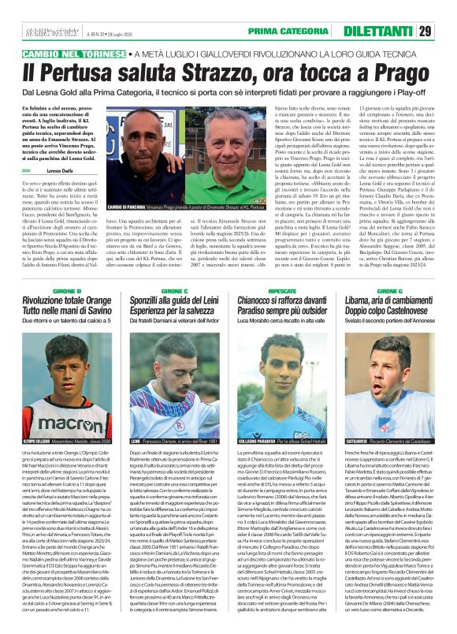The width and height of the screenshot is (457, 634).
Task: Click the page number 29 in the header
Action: (x=446, y=31)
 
